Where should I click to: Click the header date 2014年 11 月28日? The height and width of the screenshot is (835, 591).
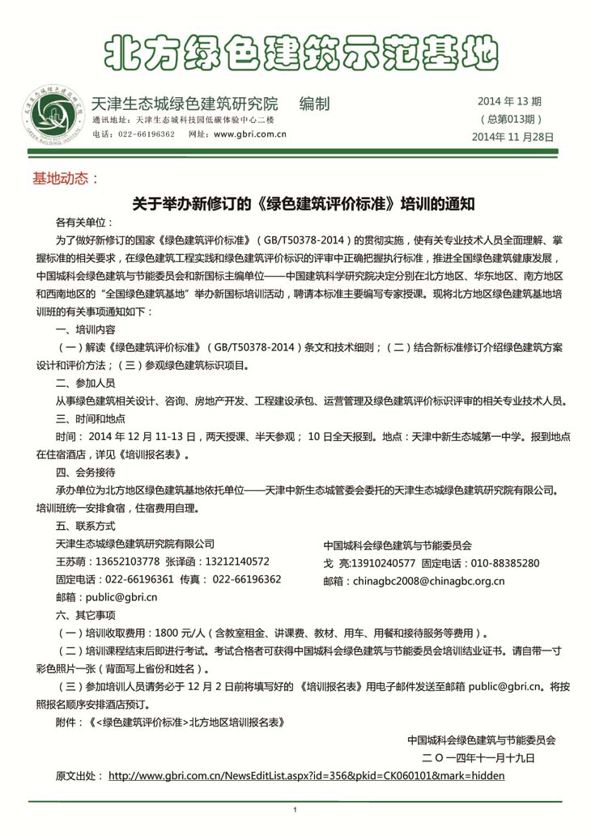point(513,137)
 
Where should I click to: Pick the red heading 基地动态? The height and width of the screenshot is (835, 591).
point(64,178)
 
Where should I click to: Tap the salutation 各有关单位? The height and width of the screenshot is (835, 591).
point(84,223)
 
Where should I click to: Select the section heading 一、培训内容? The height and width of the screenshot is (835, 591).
point(85,330)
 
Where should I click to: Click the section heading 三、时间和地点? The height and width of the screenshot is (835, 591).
point(90,418)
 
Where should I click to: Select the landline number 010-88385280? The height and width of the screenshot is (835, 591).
point(504,562)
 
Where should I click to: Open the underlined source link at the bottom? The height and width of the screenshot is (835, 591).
point(306,775)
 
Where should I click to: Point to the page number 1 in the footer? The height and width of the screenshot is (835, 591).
point(295,810)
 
